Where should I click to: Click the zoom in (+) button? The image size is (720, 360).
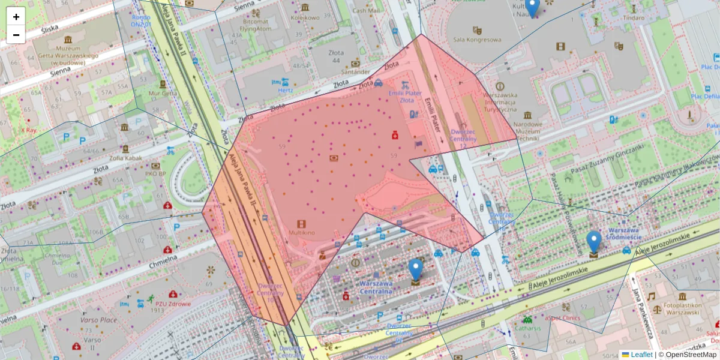click(16, 17)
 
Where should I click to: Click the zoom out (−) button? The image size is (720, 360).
click(16, 35)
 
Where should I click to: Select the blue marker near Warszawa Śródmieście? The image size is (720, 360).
click(593, 242)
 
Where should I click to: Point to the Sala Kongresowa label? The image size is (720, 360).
click(477, 40)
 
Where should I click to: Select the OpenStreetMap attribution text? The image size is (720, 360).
click(689, 355)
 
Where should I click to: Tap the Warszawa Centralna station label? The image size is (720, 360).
click(376, 287)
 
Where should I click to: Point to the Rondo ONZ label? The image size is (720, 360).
click(141, 21)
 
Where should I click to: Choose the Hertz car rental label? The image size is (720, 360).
click(284, 90)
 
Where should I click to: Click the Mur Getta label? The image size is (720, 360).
click(163, 93)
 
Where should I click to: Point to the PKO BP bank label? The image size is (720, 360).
click(155, 173)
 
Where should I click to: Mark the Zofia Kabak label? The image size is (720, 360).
click(125, 158)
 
